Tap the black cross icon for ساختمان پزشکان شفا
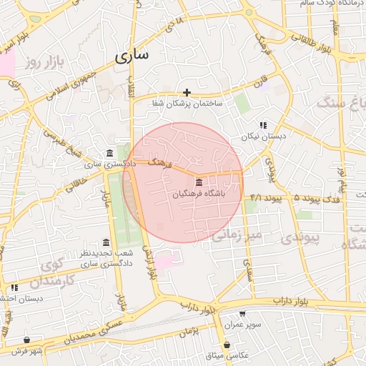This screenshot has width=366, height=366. (187, 92)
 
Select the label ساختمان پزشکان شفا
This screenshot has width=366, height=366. (187, 104)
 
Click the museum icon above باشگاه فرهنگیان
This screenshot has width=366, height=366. (198, 182)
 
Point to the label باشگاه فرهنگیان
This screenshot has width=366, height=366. (203, 194)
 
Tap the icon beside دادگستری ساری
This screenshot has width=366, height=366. (109, 153)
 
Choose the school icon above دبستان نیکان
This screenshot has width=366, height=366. (263, 124)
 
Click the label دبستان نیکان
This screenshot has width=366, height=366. (263, 135)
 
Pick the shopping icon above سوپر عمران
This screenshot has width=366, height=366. (242, 313)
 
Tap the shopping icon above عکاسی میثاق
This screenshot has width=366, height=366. (227, 345)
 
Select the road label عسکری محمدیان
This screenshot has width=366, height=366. (86, 335)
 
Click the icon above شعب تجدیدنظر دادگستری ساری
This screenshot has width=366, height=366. (107, 242)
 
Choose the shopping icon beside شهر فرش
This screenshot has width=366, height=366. (27, 340)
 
